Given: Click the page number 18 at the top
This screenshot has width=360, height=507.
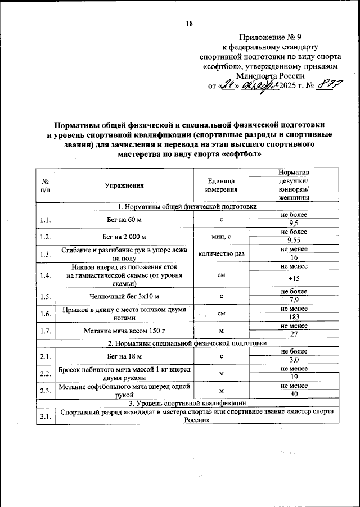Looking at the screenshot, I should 189,23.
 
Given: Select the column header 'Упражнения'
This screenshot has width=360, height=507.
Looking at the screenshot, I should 124,185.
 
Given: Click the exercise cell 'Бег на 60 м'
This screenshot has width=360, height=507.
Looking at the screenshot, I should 124,220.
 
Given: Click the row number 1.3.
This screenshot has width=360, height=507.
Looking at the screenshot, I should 45,254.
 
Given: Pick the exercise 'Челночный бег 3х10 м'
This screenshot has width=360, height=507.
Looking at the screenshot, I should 124,296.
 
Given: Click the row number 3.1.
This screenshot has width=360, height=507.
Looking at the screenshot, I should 45,415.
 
